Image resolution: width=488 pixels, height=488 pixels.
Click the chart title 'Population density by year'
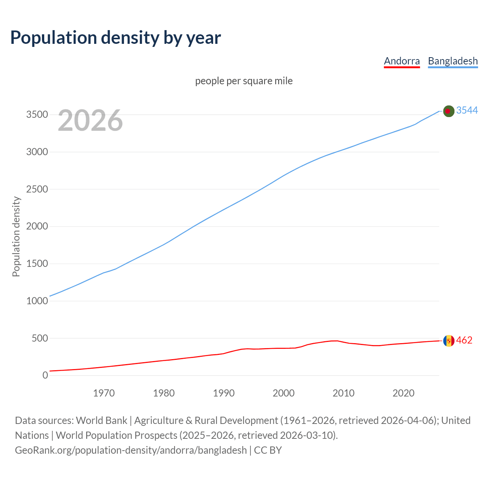point(116,37)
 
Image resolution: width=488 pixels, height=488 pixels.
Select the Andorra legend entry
point(401,61)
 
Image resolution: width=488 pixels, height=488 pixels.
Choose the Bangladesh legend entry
point(453,61)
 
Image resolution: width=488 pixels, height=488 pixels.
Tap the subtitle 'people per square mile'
point(244,81)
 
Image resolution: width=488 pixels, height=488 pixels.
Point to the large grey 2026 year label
point(90,120)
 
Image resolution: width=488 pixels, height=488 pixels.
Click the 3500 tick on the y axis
point(37,115)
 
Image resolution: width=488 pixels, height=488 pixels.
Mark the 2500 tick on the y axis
point(37,189)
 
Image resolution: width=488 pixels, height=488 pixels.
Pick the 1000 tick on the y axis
point(37,301)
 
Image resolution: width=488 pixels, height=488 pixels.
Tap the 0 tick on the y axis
point(45,376)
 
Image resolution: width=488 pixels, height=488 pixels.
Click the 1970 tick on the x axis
point(104,393)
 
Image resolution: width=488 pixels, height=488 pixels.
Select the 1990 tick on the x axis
point(224,393)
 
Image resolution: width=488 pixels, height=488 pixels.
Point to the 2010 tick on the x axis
point(344,393)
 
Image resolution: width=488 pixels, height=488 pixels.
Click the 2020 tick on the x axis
point(403,393)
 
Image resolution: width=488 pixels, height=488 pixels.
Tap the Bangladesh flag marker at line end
point(449,111)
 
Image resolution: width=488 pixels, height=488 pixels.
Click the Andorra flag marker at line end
point(449,340)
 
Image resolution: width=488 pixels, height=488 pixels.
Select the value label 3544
point(467,110)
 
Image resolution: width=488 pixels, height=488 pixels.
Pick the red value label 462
point(464,340)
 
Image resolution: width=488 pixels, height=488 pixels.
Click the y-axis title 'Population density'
point(16,236)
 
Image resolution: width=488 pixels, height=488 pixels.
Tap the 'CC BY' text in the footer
point(268,450)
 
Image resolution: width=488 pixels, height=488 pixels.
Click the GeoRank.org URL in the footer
point(131,450)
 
